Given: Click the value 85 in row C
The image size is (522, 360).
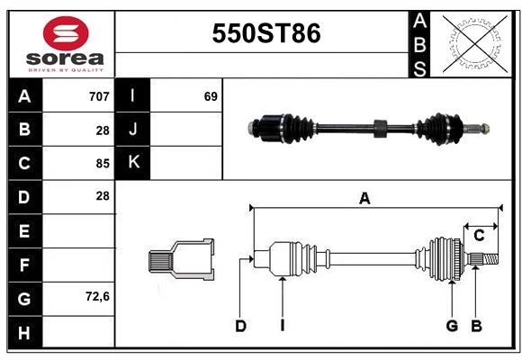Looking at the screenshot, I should coord(103,164).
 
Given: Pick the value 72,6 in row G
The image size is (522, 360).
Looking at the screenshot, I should coord(96,297).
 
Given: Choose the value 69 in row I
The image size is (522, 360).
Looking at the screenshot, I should coord(211,96).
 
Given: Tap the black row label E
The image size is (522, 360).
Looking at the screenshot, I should coord(24,230).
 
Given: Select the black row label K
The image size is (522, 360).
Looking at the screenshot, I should coord(133,163).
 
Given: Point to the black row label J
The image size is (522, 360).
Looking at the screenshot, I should coord(133,130).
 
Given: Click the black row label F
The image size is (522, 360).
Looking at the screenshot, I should coord(24,265).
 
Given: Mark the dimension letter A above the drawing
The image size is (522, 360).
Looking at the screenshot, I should coord(364,199).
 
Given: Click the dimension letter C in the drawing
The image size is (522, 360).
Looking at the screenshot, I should coord(479,235).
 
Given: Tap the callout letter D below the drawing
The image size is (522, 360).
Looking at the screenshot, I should coord(240,326).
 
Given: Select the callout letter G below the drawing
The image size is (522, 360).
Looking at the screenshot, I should coord(452,326).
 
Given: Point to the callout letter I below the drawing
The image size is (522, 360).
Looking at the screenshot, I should coord(282,326).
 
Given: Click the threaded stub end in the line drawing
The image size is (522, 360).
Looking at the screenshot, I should coord(486,259).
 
